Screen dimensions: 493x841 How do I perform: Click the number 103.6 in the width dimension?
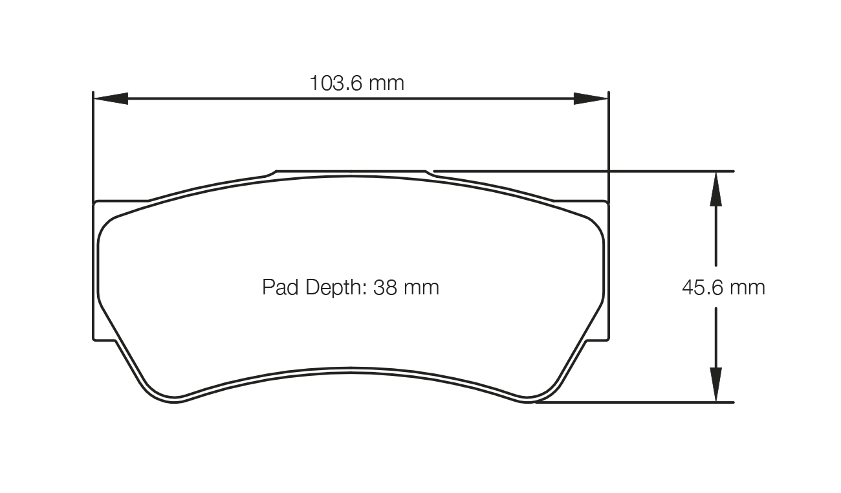[x=336, y=83]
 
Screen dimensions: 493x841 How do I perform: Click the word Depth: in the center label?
[x=336, y=287]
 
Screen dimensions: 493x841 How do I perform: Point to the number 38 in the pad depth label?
[x=386, y=287]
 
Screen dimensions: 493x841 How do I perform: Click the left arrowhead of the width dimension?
[x=110, y=98]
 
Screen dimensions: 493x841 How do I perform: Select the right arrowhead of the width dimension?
[x=591, y=98]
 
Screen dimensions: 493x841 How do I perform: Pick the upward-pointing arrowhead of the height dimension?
[x=715, y=188]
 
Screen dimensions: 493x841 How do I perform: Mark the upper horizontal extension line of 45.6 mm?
[x=582, y=171]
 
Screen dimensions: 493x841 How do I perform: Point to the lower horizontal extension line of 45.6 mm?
[x=634, y=402]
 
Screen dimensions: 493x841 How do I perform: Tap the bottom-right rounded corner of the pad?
[x=543, y=396]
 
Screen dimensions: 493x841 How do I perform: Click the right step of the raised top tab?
[x=430, y=173]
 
